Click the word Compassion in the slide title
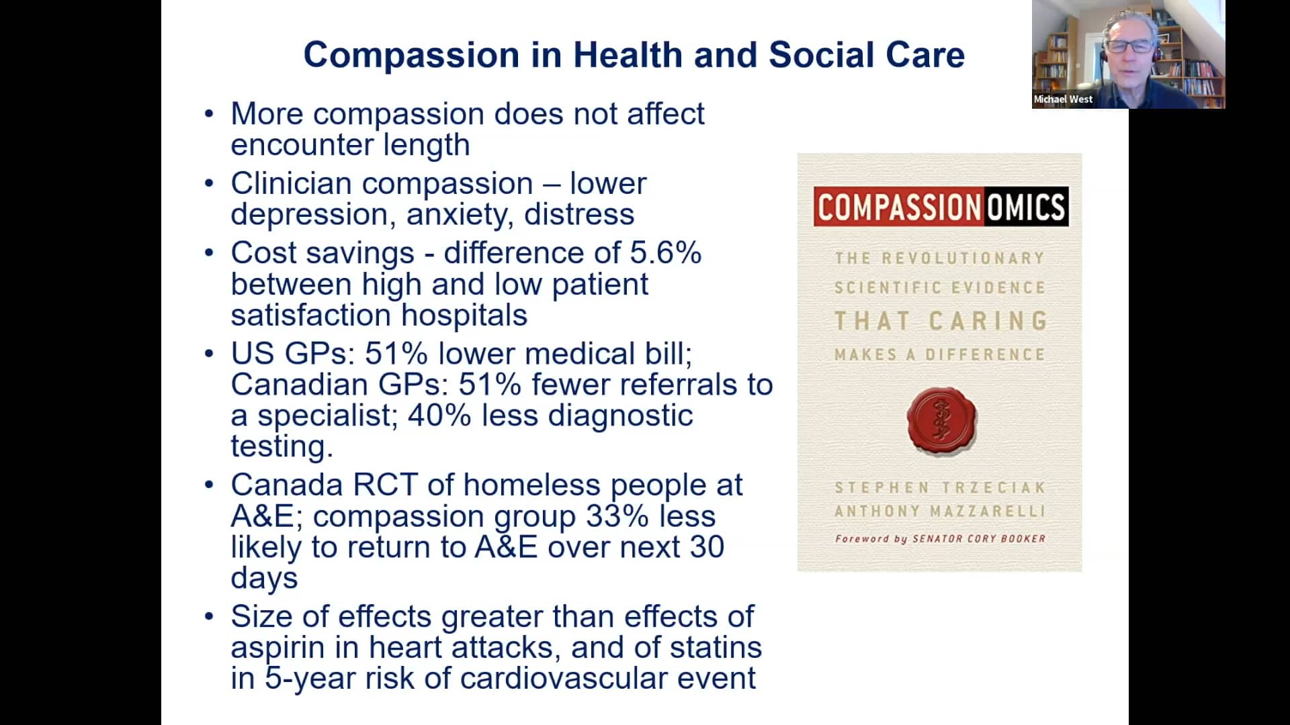(x=411, y=55)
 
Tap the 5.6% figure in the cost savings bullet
(x=665, y=253)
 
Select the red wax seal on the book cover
(x=941, y=421)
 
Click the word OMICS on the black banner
(x=1025, y=207)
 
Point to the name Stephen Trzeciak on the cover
(x=939, y=488)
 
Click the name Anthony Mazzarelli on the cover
(x=939, y=512)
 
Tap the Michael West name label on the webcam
(x=1062, y=99)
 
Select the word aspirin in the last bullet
(x=277, y=648)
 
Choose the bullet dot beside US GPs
(x=209, y=354)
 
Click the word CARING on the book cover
(x=988, y=322)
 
